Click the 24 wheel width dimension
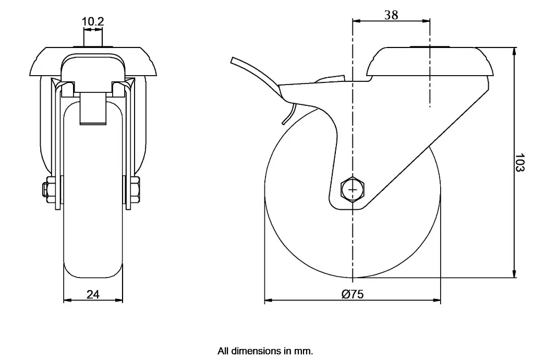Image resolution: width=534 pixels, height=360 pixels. (93, 294)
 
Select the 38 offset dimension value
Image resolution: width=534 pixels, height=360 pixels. (391, 15)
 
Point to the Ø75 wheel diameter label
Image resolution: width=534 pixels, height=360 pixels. (353, 294)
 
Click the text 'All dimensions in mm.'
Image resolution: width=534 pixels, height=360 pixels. (265, 351)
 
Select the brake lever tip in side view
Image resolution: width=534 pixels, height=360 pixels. (234, 61)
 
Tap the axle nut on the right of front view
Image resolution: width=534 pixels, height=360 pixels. (135, 190)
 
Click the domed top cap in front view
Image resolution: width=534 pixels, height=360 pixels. (93, 57)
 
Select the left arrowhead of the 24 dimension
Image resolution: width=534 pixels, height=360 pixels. (66, 301)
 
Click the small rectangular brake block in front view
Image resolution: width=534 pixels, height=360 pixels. (93, 109)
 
